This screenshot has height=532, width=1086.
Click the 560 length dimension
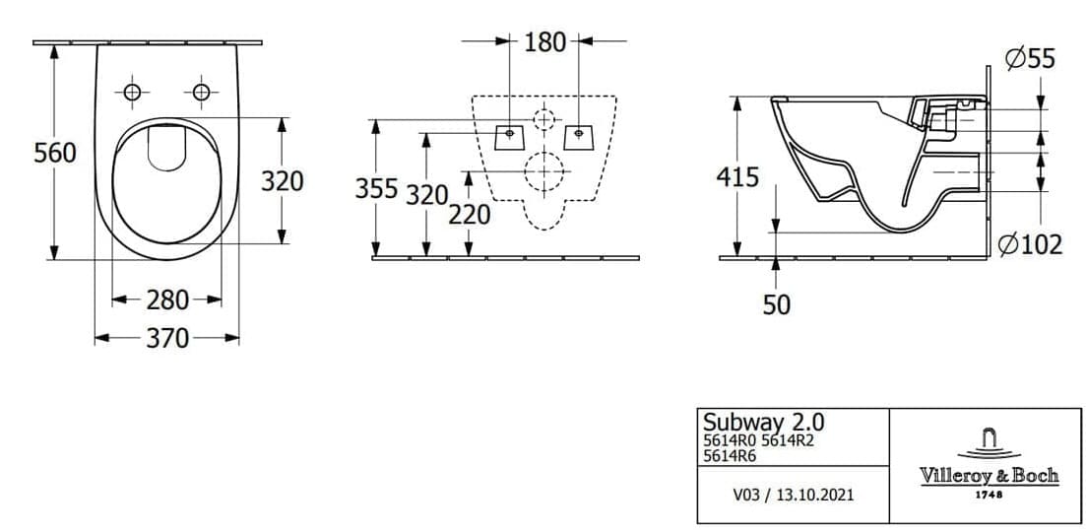point(55,154)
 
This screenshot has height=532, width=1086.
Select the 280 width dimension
point(167,299)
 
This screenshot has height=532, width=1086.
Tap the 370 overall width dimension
point(167,338)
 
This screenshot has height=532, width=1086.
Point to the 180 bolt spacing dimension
point(544,41)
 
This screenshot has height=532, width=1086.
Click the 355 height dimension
point(377,188)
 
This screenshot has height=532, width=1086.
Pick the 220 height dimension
point(469,214)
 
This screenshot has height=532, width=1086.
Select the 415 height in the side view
point(737,177)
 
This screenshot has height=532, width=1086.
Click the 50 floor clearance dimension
point(777,304)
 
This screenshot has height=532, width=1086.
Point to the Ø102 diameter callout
point(1030,244)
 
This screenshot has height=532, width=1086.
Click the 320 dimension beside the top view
point(282,181)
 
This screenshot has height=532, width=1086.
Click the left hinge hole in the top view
point(131,92)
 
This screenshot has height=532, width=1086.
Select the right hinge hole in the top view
point(201,92)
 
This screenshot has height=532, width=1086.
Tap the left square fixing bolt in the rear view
point(509,134)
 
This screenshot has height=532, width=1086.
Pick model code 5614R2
point(788,440)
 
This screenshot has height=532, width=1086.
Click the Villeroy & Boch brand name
point(989,475)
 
